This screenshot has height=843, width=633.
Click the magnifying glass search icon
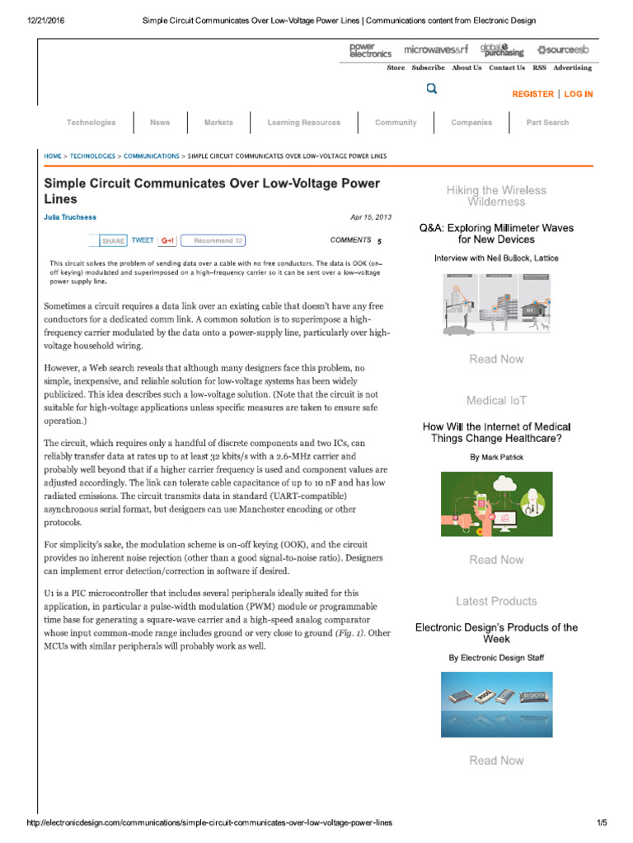tap(432, 89)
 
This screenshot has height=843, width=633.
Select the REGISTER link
tap(532, 94)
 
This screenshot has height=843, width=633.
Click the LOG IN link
tap(578, 94)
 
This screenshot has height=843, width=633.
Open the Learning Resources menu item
tap(303, 123)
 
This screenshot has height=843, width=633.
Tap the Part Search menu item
tap(547, 123)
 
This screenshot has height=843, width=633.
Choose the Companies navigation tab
tap(471, 123)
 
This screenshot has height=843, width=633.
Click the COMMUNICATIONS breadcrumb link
tap(151, 156)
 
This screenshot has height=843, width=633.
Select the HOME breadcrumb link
tap(53, 156)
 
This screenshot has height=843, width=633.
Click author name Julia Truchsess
tap(70, 217)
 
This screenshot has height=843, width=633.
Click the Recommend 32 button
tap(213, 240)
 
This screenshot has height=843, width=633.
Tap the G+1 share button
tap(167, 240)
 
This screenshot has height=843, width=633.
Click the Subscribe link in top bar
tap(428, 68)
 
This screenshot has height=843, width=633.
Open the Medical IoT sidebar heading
tap(496, 400)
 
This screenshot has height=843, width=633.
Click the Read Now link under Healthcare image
tap(496, 560)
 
